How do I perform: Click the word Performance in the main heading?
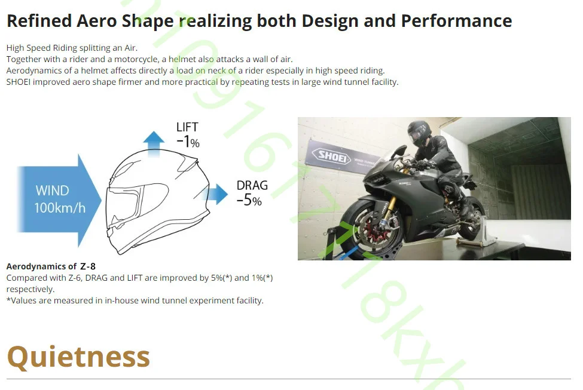456,21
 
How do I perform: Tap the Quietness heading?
78,357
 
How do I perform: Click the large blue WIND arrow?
59,201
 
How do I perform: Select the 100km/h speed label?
60,208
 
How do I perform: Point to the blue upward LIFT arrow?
154,143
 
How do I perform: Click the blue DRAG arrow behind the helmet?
216,194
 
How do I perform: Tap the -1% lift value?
188,142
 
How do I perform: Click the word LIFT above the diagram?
187,127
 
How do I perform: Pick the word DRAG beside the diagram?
252,185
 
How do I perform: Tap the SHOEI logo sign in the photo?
331,156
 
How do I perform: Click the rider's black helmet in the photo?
419,132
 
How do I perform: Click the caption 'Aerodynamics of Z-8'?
51,266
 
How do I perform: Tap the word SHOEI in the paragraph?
18,82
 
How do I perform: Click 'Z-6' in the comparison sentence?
74,278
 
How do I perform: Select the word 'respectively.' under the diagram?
30,289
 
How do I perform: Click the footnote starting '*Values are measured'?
135,300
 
